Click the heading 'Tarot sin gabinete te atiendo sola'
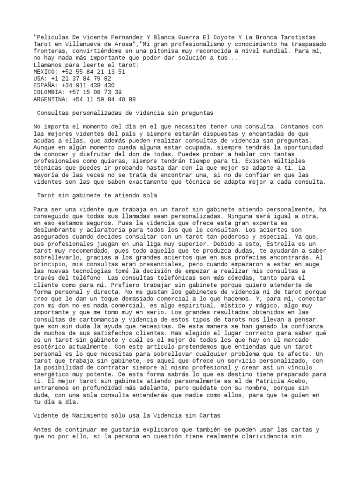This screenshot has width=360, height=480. (x=97, y=195)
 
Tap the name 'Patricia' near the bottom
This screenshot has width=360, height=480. (x=261, y=382)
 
